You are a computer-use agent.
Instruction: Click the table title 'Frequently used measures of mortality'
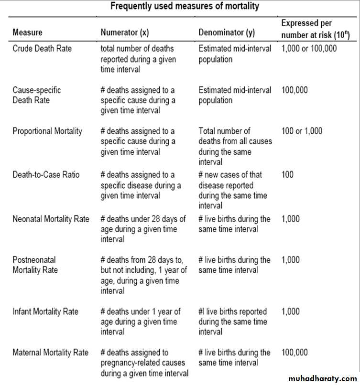185,6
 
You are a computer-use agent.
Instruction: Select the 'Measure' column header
27,32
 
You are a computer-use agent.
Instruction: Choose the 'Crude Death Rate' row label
42,49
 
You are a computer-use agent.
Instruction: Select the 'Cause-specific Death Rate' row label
37,95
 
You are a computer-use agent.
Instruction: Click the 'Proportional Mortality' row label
47,131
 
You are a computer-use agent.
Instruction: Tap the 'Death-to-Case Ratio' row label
46,175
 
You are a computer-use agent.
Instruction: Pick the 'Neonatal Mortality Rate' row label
51,219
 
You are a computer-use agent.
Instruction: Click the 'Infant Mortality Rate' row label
45,311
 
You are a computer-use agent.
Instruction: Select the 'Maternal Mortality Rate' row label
50,353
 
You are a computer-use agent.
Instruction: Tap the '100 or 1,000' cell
302,131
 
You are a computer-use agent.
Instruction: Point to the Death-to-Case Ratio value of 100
288,175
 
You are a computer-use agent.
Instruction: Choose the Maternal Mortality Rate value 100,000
295,353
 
